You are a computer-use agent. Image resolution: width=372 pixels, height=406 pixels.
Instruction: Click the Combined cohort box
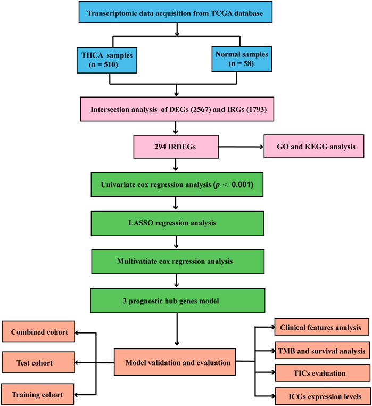[x=38, y=332]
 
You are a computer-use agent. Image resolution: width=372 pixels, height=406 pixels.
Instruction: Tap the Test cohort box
[x=38, y=364]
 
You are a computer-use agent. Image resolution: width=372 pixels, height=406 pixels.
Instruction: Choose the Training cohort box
[x=38, y=395]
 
